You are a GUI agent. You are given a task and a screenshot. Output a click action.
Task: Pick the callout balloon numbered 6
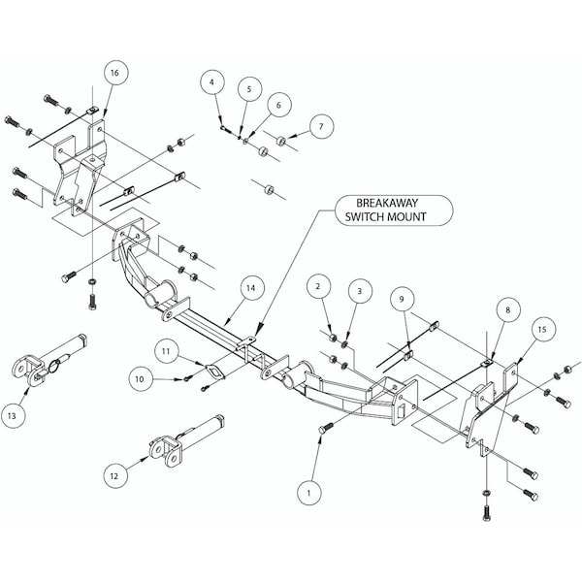[x=276, y=105]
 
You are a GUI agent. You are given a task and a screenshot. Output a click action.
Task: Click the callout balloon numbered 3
[x=359, y=290]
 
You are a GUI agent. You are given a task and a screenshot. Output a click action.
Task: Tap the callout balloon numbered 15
[x=541, y=330]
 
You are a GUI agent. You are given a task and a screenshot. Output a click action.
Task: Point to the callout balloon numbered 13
[x=13, y=415]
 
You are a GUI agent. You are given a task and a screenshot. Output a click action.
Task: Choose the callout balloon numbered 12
[x=114, y=475]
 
